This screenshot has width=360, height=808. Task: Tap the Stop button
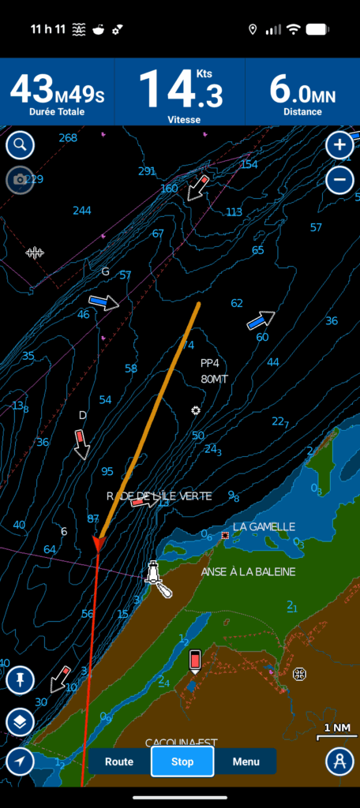click(x=182, y=761)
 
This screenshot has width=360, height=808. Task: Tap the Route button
click(x=118, y=761)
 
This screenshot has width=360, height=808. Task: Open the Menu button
click(x=246, y=761)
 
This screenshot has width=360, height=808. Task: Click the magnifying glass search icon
click(x=20, y=145)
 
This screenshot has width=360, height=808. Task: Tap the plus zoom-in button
click(x=339, y=145)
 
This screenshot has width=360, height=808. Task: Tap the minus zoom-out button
click(x=339, y=180)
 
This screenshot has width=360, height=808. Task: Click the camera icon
click(x=20, y=180)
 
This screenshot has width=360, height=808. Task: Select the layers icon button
click(x=20, y=721)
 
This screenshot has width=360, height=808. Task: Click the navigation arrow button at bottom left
click(x=20, y=761)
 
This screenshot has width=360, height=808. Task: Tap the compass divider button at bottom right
click(x=339, y=761)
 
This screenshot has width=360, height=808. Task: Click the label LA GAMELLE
click(x=264, y=526)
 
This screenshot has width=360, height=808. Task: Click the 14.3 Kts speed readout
click(x=180, y=91)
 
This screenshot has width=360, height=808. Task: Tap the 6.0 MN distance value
click(x=302, y=91)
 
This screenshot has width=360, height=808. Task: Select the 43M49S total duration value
click(x=57, y=91)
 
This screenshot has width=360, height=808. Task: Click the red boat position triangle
click(x=98, y=544)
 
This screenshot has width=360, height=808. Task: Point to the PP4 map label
click(x=210, y=364)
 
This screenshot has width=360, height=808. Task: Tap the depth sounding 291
click(x=147, y=171)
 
